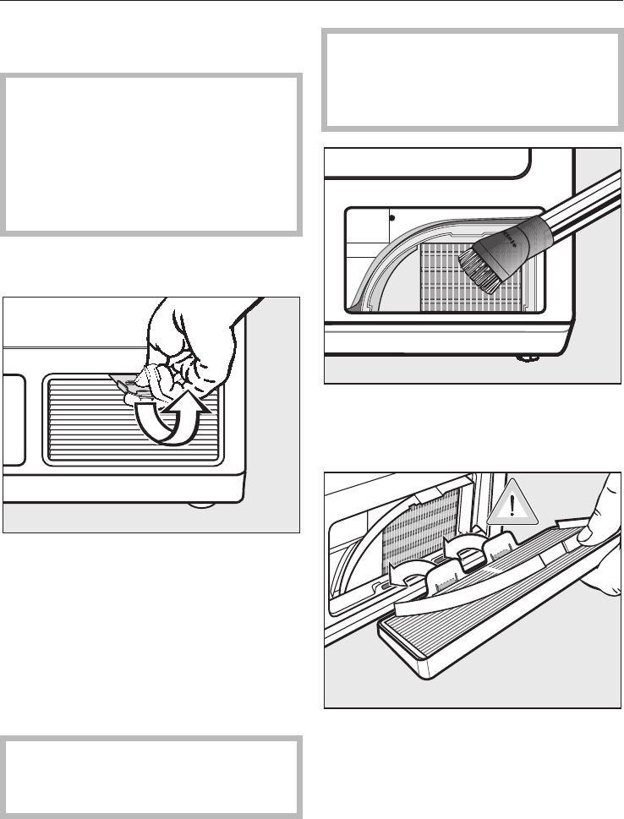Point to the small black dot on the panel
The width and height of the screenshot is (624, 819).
(x=391, y=216)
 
